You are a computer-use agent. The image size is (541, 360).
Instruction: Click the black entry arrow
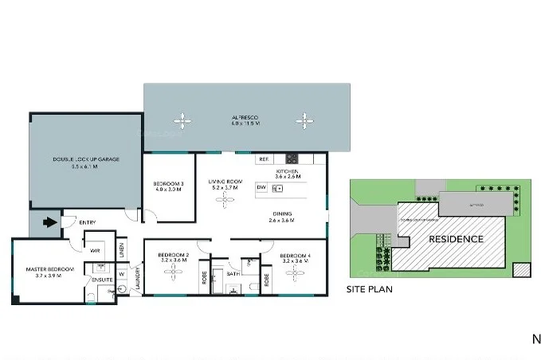tap(49, 222)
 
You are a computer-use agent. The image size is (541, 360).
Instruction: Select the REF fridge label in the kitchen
tap(263, 159)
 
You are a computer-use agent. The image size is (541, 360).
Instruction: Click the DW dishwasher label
tap(261, 188)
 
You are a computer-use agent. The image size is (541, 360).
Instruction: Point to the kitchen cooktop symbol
tap(292, 158)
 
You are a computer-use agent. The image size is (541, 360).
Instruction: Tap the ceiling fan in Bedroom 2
tap(173, 272)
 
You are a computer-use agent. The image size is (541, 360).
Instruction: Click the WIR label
tap(94, 250)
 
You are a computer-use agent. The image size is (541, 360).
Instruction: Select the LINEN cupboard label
tap(122, 249)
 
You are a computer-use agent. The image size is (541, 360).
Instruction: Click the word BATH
tap(233, 273)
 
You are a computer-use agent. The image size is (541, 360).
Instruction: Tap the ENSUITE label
tap(101, 280)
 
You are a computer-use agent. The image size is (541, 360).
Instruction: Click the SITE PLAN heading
tap(369, 290)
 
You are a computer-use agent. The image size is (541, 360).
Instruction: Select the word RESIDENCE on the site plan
tap(456, 239)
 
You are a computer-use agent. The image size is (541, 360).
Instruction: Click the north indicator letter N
tap(535, 339)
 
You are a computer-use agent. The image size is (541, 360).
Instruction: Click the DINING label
tap(281, 213)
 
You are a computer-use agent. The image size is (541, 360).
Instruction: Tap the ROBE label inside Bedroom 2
tap(204, 280)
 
